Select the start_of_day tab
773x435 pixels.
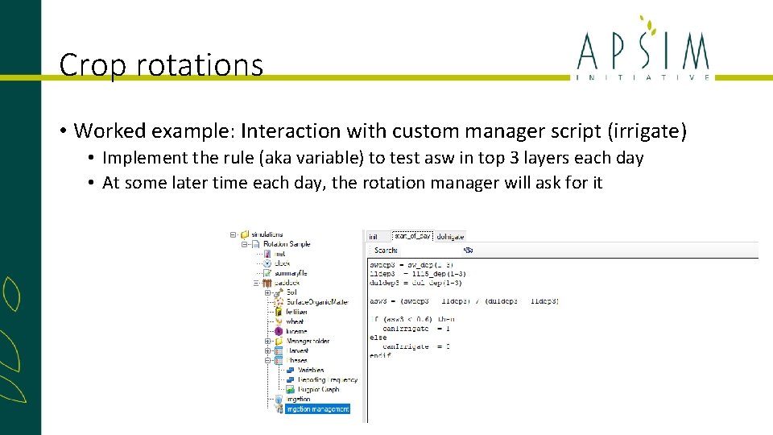pos(411,236)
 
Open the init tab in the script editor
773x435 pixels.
pos(374,236)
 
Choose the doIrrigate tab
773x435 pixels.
pos(450,236)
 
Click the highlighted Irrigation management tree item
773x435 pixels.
pos(318,409)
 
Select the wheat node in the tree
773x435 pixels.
pos(295,321)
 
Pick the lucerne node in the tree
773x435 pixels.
pos(296,331)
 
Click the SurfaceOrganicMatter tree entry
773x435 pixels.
pos(317,302)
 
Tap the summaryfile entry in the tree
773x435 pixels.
pos(291,273)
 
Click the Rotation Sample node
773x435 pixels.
pos(281,244)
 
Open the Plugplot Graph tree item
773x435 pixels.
pos(318,390)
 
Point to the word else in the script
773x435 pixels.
pos(378,338)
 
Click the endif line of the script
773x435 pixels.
pos(380,355)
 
